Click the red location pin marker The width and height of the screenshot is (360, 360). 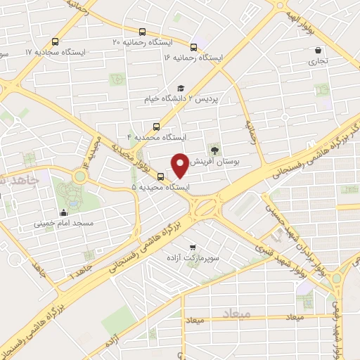point(181,165)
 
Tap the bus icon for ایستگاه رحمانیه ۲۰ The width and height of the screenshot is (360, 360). point(143,32)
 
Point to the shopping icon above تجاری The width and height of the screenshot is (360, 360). point(319,51)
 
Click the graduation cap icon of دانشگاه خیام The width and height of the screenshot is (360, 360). point(181,89)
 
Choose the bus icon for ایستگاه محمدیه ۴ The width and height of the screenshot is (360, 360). point(156,127)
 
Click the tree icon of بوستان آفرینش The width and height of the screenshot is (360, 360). point(214,149)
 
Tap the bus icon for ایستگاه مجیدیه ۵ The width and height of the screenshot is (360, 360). point(161,176)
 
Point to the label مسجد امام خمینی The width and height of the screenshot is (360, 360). point(62,225)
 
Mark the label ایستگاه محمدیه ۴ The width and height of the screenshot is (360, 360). point(155,137)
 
